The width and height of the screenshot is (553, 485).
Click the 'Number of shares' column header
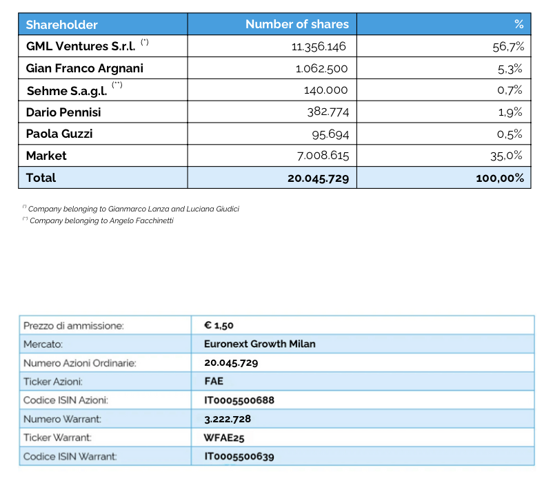click(296, 25)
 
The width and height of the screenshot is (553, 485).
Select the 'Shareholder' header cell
click(62, 25)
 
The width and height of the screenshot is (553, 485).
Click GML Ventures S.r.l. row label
click(80, 47)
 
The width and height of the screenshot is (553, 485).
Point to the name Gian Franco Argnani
click(85, 68)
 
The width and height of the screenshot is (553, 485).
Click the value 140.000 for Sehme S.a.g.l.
click(325, 90)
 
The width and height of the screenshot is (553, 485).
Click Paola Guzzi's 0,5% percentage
click(510, 134)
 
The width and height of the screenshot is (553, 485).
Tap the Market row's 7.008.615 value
click(322, 156)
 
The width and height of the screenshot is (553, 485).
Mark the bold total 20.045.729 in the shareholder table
click(318, 178)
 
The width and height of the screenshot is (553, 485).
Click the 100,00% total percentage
click(499, 178)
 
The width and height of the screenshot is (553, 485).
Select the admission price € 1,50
click(219, 326)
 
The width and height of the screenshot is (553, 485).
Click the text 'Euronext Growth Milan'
click(259, 344)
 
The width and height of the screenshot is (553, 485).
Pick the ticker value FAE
click(214, 381)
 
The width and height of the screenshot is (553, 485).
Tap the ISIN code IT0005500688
click(239, 400)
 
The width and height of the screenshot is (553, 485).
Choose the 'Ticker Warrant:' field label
click(58, 437)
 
